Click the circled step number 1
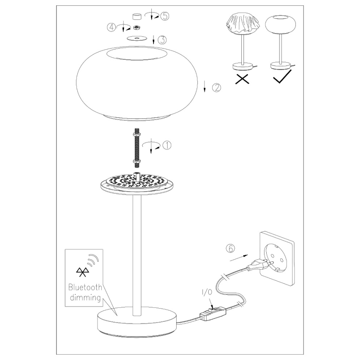pyautogui.click(x=167, y=145)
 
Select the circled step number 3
pyautogui.click(x=163, y=40)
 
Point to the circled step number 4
pyautogui.click(x=111, y=27)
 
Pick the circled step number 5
pyautogui.click(x=165, y=16)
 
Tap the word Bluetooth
pyautogui.click(x=85, y=287)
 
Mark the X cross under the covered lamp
pyautogui.click(x=242, y=78)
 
